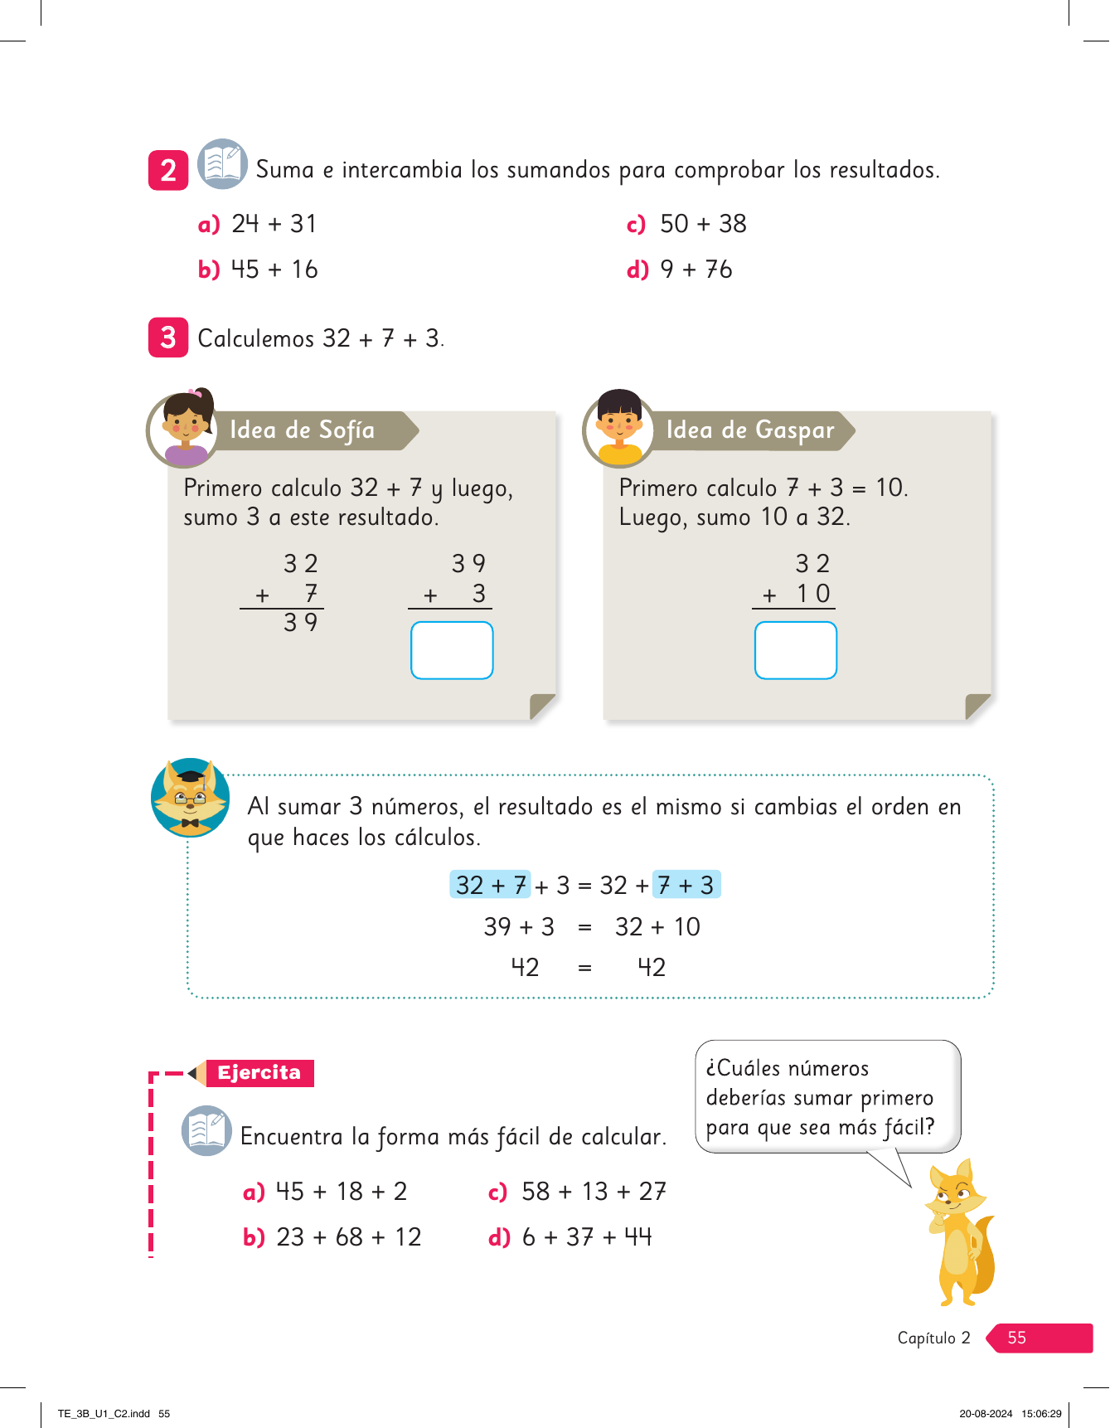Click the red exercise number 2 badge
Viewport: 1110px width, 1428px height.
point(168,170)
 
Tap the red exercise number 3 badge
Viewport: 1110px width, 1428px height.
point(168,338)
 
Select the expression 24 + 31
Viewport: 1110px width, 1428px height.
point(274,224)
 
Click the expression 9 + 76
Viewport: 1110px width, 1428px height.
point(696,270)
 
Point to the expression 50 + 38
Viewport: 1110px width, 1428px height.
point(703,224)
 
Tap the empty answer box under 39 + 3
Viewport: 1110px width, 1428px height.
point(452,650)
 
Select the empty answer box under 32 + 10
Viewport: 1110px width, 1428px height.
point(795,650)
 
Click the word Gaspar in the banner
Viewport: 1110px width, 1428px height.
point(794,430)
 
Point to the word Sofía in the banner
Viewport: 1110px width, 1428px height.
point(347,430)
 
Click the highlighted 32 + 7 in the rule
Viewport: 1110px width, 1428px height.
point(491,885)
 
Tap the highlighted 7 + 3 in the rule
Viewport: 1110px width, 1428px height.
point(686,885)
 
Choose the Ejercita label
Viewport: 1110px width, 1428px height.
point(259,1072)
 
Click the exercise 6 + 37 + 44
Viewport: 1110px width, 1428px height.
point(587,1237)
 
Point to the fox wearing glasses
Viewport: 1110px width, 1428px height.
point(191,798)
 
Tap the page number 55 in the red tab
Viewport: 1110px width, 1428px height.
point(1016,1338)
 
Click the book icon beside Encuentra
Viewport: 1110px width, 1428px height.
point(206,1130)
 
